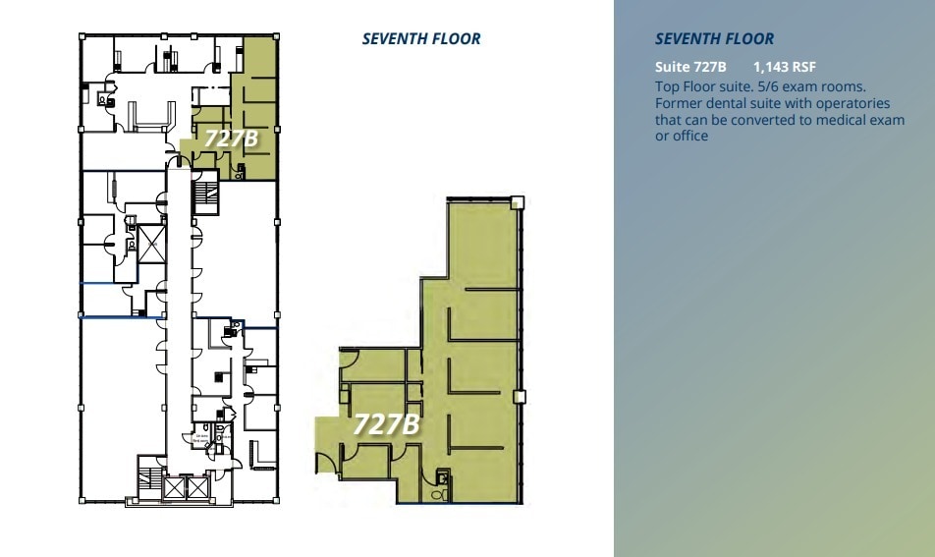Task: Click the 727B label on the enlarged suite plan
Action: [386, 424]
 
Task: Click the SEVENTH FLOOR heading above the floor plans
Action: [421, 39]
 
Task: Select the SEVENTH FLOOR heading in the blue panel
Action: [714, 39]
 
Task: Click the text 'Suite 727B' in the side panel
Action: [690, 68]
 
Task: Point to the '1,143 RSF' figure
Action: [784, 68]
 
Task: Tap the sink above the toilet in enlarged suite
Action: [443, 478]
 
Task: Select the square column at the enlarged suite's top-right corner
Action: [519, 203]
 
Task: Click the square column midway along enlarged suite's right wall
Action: [520, 397]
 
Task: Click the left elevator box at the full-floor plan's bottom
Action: [173, 486]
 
